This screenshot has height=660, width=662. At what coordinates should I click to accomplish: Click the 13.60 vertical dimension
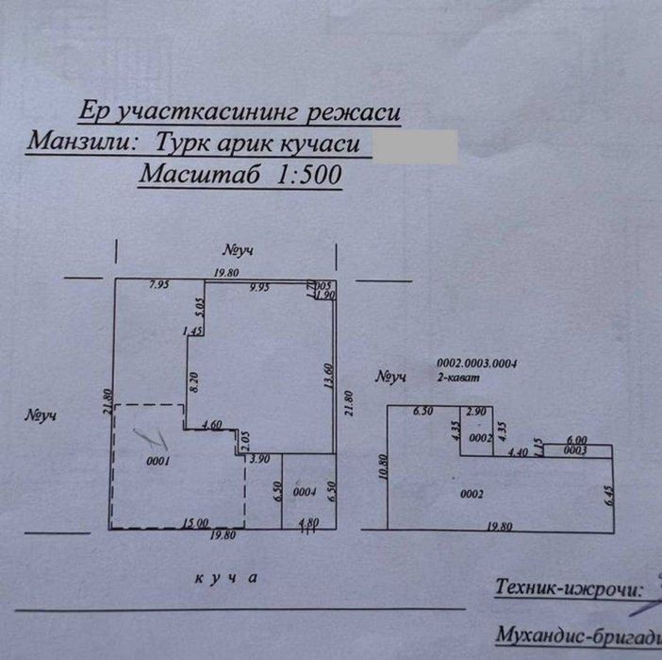327,376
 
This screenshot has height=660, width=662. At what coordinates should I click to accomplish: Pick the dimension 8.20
193,383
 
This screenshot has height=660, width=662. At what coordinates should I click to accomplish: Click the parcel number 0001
157,462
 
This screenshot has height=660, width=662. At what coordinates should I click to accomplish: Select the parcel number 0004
304,492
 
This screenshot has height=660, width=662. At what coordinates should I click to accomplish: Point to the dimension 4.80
307,523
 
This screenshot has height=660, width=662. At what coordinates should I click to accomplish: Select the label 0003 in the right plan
575,451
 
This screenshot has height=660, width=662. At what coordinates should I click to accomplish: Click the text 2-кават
459,377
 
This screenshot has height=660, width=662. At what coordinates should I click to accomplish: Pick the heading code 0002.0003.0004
479,364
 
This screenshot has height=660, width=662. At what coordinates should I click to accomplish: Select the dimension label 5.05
199,306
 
